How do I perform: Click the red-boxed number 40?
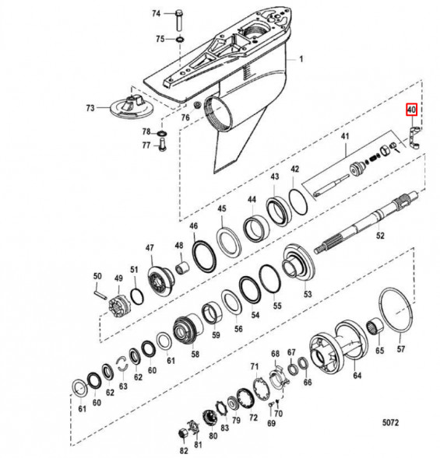click(411, 110)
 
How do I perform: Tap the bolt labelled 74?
click(178, 20)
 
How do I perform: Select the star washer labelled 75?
click(179, 39)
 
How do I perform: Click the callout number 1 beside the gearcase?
click(301, 59)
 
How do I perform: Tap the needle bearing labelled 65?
click(375, 326)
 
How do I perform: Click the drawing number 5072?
click(390, 422)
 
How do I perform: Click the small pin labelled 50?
click(100, 293)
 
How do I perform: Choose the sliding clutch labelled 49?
click(119, 306)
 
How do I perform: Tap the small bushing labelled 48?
click(182, 267)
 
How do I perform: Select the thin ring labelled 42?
click(297, 202)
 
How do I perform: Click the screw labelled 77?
click(161, 145)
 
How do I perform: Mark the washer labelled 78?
click(162, 134)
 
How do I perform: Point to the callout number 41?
click(345, 136)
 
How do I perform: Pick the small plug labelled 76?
click(197, 104)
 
